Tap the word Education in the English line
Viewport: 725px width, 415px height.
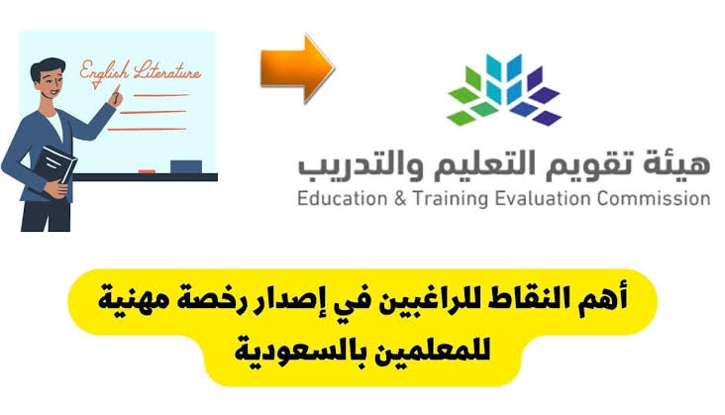pos(344,198)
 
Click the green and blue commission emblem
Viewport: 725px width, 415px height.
pos(503,91)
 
